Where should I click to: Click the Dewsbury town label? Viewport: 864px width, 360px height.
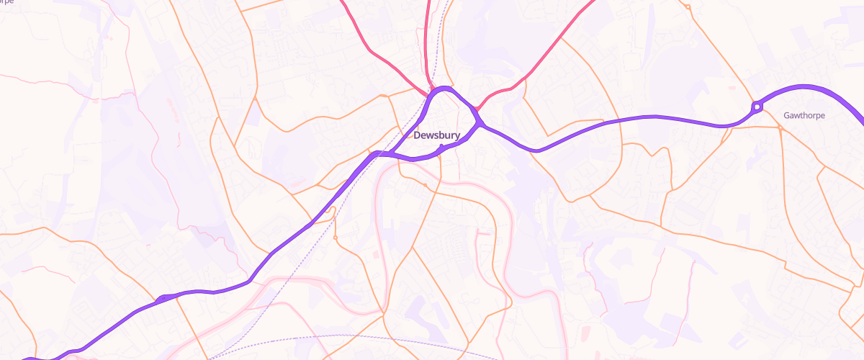(436, 135)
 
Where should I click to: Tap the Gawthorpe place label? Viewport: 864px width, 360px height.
(804, 115)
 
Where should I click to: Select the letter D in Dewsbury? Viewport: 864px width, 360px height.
(417, 135)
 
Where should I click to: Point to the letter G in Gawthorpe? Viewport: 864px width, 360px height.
(786, 115)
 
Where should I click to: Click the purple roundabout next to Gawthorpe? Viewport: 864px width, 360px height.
(757, 107)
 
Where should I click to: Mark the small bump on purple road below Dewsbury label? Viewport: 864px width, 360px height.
(441, 147)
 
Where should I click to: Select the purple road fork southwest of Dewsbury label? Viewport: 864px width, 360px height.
(377, 153)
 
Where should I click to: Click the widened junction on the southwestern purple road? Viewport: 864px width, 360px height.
(164, 297)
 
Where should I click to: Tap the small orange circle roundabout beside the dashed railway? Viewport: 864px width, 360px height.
(336, 237)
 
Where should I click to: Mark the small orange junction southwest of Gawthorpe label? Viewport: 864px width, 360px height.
(780, 127)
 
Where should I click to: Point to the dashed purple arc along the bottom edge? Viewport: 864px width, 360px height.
(346, 336)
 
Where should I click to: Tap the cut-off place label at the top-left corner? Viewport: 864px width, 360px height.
(17, 2)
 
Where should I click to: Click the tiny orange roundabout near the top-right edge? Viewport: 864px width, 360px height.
(688, 7)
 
